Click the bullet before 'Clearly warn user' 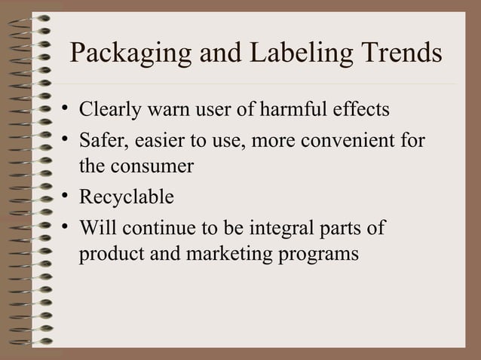[66, 110]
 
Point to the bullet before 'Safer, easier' [66, 138]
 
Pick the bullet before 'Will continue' [66, 224]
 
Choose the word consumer [153, 168]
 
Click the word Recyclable [127, 197]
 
